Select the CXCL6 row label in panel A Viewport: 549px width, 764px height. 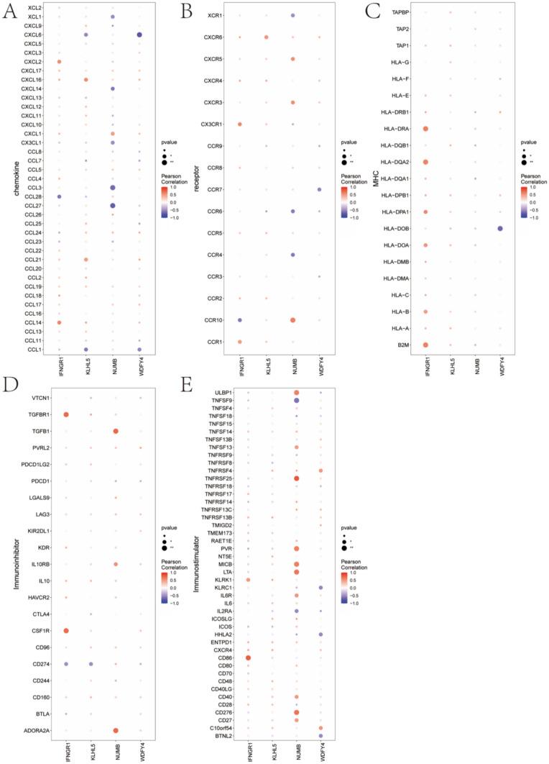(x=32, y=35)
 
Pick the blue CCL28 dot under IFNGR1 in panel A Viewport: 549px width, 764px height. (x=59, y=196)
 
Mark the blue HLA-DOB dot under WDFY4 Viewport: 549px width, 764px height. (x=499, y=228)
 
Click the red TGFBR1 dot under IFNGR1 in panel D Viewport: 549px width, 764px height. (x=66, y=414)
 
